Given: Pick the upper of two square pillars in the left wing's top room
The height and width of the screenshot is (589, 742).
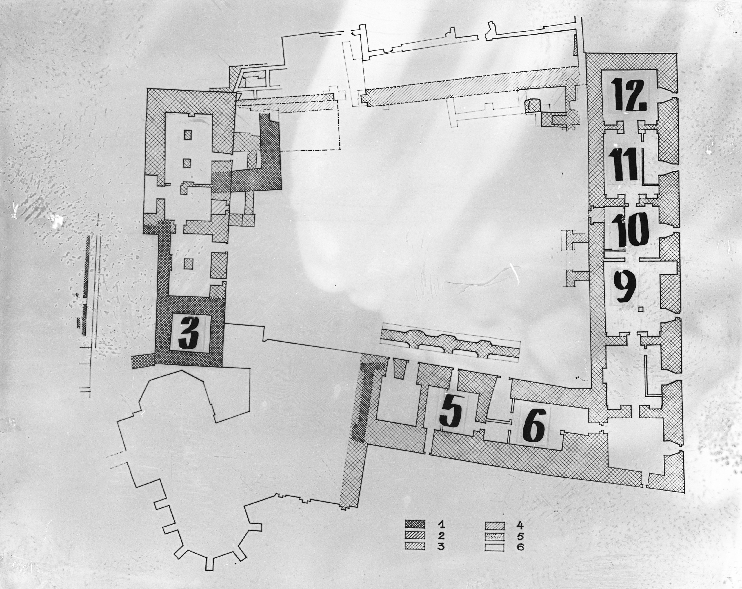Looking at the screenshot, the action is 187,135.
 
